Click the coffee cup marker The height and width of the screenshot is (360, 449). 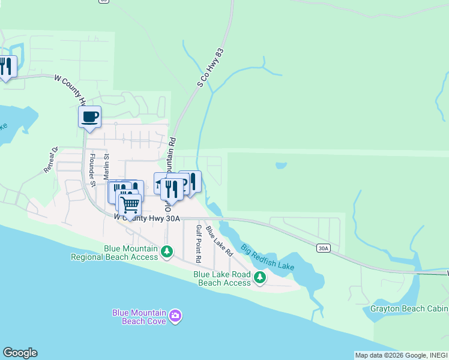[89, 116]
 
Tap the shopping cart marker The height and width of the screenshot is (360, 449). [130, 205]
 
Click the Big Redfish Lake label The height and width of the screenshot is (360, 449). [268, 257]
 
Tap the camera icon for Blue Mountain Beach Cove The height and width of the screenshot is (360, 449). [175, 316]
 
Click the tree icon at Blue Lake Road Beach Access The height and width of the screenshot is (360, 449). [260, 277]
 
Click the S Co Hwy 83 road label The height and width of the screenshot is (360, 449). [214, 67]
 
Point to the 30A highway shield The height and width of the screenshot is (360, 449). [324, 247]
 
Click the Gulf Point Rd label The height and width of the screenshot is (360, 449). [197, 243]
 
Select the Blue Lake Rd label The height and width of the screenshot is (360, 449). [219, 241]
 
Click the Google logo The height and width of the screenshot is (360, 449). [20, 353]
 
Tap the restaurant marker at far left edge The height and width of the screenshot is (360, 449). [6, 65]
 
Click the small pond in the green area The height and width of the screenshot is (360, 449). [281, 165]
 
